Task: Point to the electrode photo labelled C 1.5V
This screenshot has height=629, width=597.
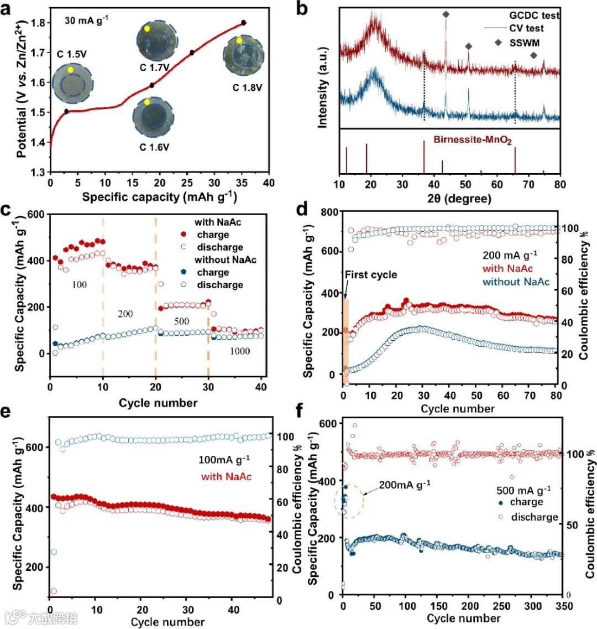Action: click(x=71, y=83)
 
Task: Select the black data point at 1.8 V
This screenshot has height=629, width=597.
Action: click(x=243, y=23)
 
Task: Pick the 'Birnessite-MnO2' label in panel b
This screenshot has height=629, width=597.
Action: click(x=472, y=141)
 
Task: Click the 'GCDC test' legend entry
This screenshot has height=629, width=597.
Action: click(x=535, y=15)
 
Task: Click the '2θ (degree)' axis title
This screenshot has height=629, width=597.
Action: click(x=448, y=199)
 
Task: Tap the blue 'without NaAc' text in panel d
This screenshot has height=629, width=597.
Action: click(x=516, y=282)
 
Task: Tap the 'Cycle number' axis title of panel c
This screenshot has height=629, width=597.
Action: click(x=158, y=403)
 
